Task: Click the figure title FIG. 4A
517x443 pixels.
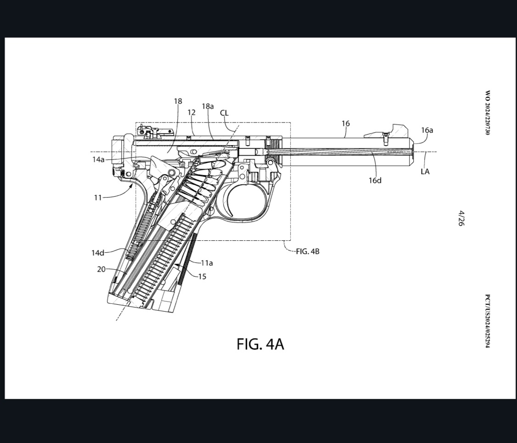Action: click(260, 344)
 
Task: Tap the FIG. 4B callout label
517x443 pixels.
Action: click(307, 252)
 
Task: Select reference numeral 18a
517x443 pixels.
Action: click(208, 106)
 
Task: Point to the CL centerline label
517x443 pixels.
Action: click(224, 113)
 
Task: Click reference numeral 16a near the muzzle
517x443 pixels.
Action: click(427, 130)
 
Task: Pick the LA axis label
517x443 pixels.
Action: click(425, 172)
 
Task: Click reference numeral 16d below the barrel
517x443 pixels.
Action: click(375, 181)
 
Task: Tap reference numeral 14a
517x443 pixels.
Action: click(98, 159)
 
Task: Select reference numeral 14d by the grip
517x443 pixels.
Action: click(98, 252)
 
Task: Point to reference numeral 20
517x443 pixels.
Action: click(101, 269)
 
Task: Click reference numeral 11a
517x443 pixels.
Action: click(207, 263)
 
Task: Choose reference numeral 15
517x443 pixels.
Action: click(202, 277)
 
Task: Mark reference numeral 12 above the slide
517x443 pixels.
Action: click(191, 113)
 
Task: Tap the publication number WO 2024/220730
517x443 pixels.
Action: click(488, 113)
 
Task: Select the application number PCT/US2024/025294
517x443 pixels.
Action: click(488, 321)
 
